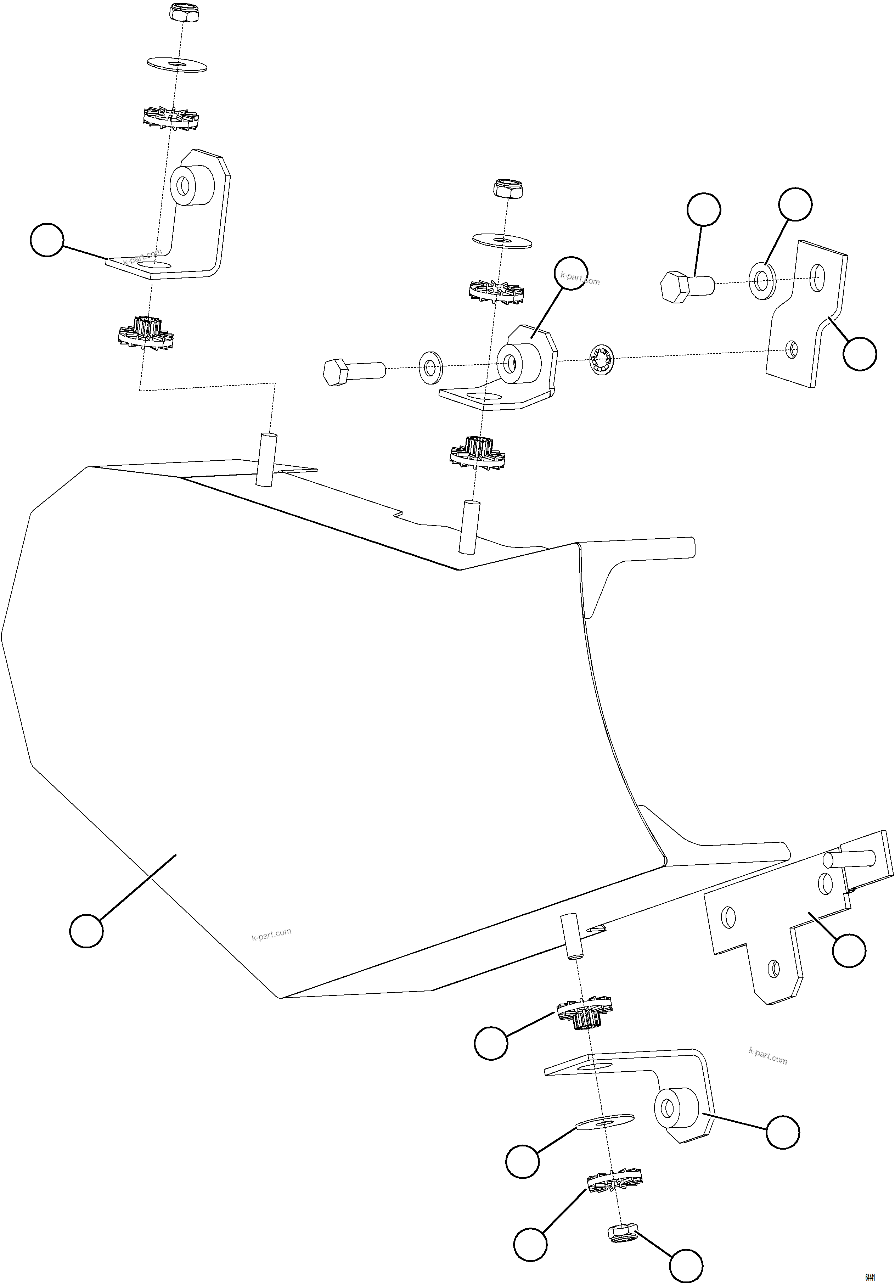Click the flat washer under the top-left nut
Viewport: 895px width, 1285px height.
(176, 63)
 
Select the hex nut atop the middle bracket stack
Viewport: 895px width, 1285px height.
(508, 189)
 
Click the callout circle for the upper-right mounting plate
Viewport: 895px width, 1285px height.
(860, 354)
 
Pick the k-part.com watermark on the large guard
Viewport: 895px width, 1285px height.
(271, 934)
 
